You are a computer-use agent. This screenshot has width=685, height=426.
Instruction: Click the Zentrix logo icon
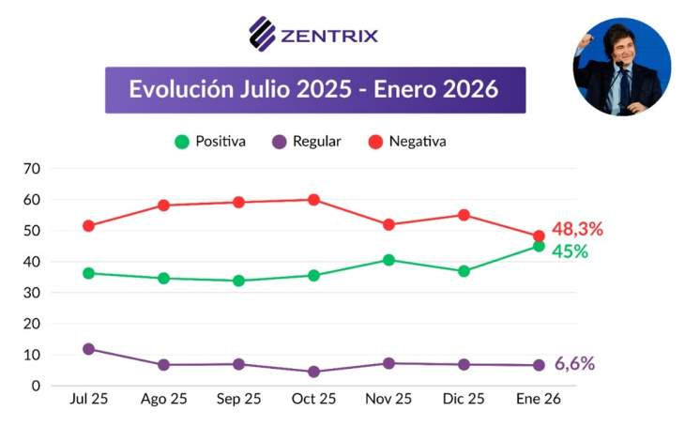click(x=262, y=34)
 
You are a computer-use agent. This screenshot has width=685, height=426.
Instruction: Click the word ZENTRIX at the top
click(x=329, y=37)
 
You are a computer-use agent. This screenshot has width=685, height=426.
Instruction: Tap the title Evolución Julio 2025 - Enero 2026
click(x=314, y=90)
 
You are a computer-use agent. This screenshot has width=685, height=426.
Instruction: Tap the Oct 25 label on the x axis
click(x=313, y=399)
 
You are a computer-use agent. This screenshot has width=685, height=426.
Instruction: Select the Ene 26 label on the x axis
click(x=539, y=399)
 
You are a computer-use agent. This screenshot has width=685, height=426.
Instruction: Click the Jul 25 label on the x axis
click(x=89, y=399)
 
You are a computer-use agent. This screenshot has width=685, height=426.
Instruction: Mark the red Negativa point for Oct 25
click(x=313, y=200)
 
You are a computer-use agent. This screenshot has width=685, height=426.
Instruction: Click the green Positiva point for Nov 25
click(x=388, y=260)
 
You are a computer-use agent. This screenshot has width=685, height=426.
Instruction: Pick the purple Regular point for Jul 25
click(x=89, y=349)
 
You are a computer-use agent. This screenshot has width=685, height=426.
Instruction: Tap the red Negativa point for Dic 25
click(x=464, y=215)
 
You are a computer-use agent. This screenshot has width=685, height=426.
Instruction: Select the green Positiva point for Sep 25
click(x=238, y=281)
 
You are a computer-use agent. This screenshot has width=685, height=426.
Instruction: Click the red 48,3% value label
click(x=577, y=229)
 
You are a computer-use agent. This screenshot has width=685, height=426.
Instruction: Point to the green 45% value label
click(x=570, y=251)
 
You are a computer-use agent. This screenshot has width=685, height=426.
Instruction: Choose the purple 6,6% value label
click(x=574, y=364)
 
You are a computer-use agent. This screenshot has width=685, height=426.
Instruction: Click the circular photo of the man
click(x=621, y=67)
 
